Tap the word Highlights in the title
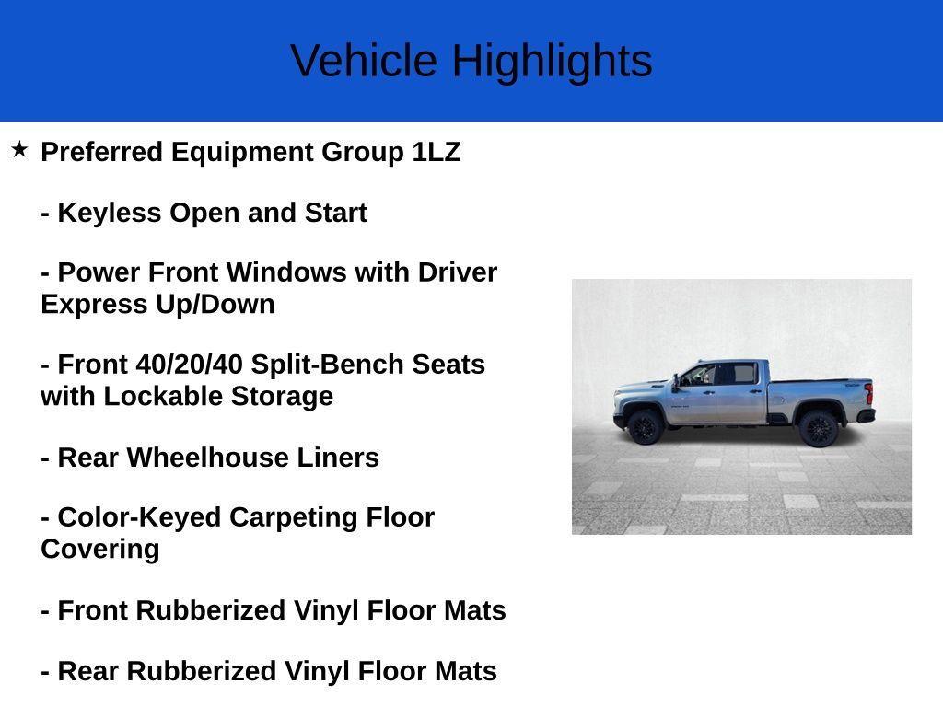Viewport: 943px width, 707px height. coord(552,61)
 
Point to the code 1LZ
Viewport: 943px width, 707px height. coord(436,152)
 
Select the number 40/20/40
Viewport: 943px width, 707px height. coord(189,365)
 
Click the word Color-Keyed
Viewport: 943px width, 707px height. coord(139,517)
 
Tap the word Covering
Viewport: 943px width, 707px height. coord(100,549)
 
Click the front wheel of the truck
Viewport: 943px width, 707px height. coord(644,426)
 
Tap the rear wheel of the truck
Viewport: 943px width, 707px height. coord(817,427)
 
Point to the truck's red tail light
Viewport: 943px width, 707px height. coord(867,395)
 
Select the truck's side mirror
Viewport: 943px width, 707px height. coord(676,380)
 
